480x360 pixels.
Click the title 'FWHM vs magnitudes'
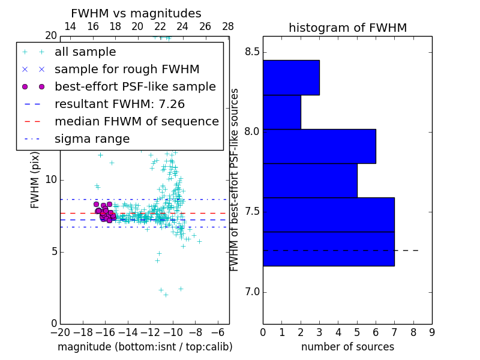(x=136, y=14)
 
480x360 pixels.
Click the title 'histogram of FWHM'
(x=347, y=28)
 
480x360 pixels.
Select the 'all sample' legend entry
(x=85, y=52)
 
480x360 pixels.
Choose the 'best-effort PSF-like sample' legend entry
(x=135, y=86)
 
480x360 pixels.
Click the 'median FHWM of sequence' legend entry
(x=136, y=121)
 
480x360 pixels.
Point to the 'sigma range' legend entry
(x=92, y=139)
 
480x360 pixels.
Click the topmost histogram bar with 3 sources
(x=291, y=77)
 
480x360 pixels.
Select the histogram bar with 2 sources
(x=281, y=112)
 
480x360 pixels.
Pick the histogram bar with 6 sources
(x=319, y=146)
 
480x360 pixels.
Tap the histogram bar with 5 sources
(x=310, y=181)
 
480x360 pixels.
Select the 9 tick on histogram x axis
(x=431, y=332)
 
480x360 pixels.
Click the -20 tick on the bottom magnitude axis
(x=60, y=332)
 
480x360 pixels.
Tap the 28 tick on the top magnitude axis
(x=228, y=26)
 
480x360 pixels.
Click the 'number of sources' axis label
(x=347, y=347)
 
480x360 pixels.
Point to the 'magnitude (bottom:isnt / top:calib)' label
(x=145, y=347)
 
